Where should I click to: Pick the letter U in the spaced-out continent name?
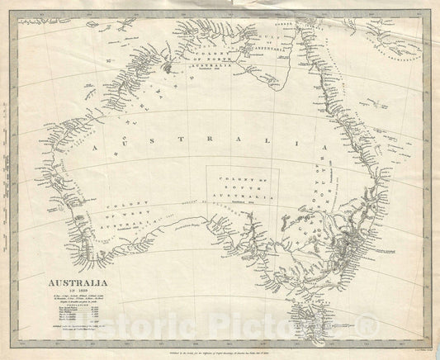(129, 149)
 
